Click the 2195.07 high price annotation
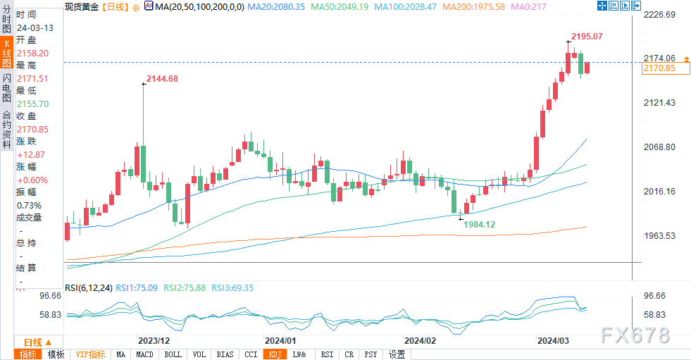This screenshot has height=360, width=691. click(587, 37)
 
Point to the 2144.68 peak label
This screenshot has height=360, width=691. click(162, 79)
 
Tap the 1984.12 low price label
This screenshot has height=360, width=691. click(479, 224)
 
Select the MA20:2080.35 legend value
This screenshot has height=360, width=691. click(276, 7)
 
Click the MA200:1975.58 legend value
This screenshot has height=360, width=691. click(474, 7)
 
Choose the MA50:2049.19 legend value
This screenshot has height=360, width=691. click(340, 7)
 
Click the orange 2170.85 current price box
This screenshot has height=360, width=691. click(666, 68)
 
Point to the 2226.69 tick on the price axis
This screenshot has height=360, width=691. click(659, 15)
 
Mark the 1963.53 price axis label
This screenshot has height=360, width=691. click(659, 236)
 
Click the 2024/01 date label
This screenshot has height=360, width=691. click(280, 340)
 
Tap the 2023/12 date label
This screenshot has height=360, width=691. click(154, 340)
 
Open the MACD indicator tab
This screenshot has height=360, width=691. click(144, 354)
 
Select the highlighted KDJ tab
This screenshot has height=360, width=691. click(275, 354)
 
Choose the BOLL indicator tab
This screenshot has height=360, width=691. click(173, 354)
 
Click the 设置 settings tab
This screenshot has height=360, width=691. click(397, 354)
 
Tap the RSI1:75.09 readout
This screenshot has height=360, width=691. click(137, 287)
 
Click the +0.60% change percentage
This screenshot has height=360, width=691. click(32, 180)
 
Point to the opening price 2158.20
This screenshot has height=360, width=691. click(32, 54)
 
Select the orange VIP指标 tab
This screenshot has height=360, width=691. click(90, 354)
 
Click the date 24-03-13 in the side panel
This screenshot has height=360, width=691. click(35, 27)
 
